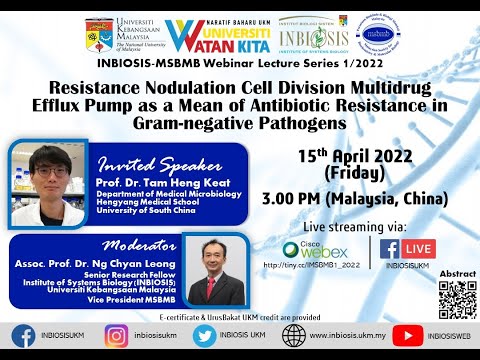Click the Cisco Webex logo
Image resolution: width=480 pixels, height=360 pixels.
pyautogui.click(x=306, y=249)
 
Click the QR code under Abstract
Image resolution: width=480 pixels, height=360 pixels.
pyautogui.click(x=457, y=296)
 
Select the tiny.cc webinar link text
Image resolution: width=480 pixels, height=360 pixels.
pyautogui.click(x=309, y=266)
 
